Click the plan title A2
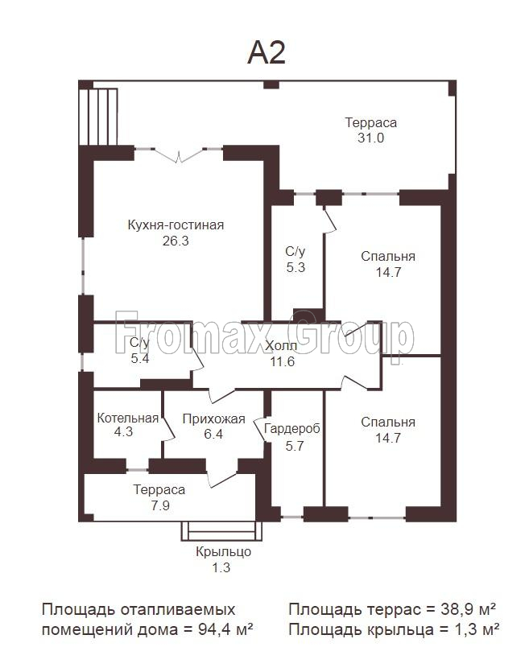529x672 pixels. click(x=267, y=52)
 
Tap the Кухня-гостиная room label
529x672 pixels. click(x=176, y=225)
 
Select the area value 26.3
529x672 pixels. click(x=176, y=241)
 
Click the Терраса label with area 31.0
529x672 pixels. click(x=371, y=122)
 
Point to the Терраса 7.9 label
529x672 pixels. click(x=159, y=490)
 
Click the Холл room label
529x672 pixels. click(x=281, y=345)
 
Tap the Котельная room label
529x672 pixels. click(x=128, y=418)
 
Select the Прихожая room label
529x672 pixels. click(x=213, y=418)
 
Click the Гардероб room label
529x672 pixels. click(x=292, y=429)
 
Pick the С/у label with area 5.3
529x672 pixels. click(x=295, y=252)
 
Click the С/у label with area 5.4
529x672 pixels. click(x=140, y=342)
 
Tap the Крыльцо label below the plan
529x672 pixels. click(x=223, y=551)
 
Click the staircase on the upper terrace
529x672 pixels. click(x=98, y=117)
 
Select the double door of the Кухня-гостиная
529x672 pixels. click(x=179, y=155)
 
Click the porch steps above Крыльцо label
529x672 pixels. click(x=221, y=531)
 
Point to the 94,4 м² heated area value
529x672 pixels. click(x=225, y=629)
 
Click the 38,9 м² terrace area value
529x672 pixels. click(x=468, y=608)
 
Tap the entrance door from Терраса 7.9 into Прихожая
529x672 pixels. click(x=221, y=478)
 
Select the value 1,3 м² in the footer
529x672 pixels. click(x=477, y=629)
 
